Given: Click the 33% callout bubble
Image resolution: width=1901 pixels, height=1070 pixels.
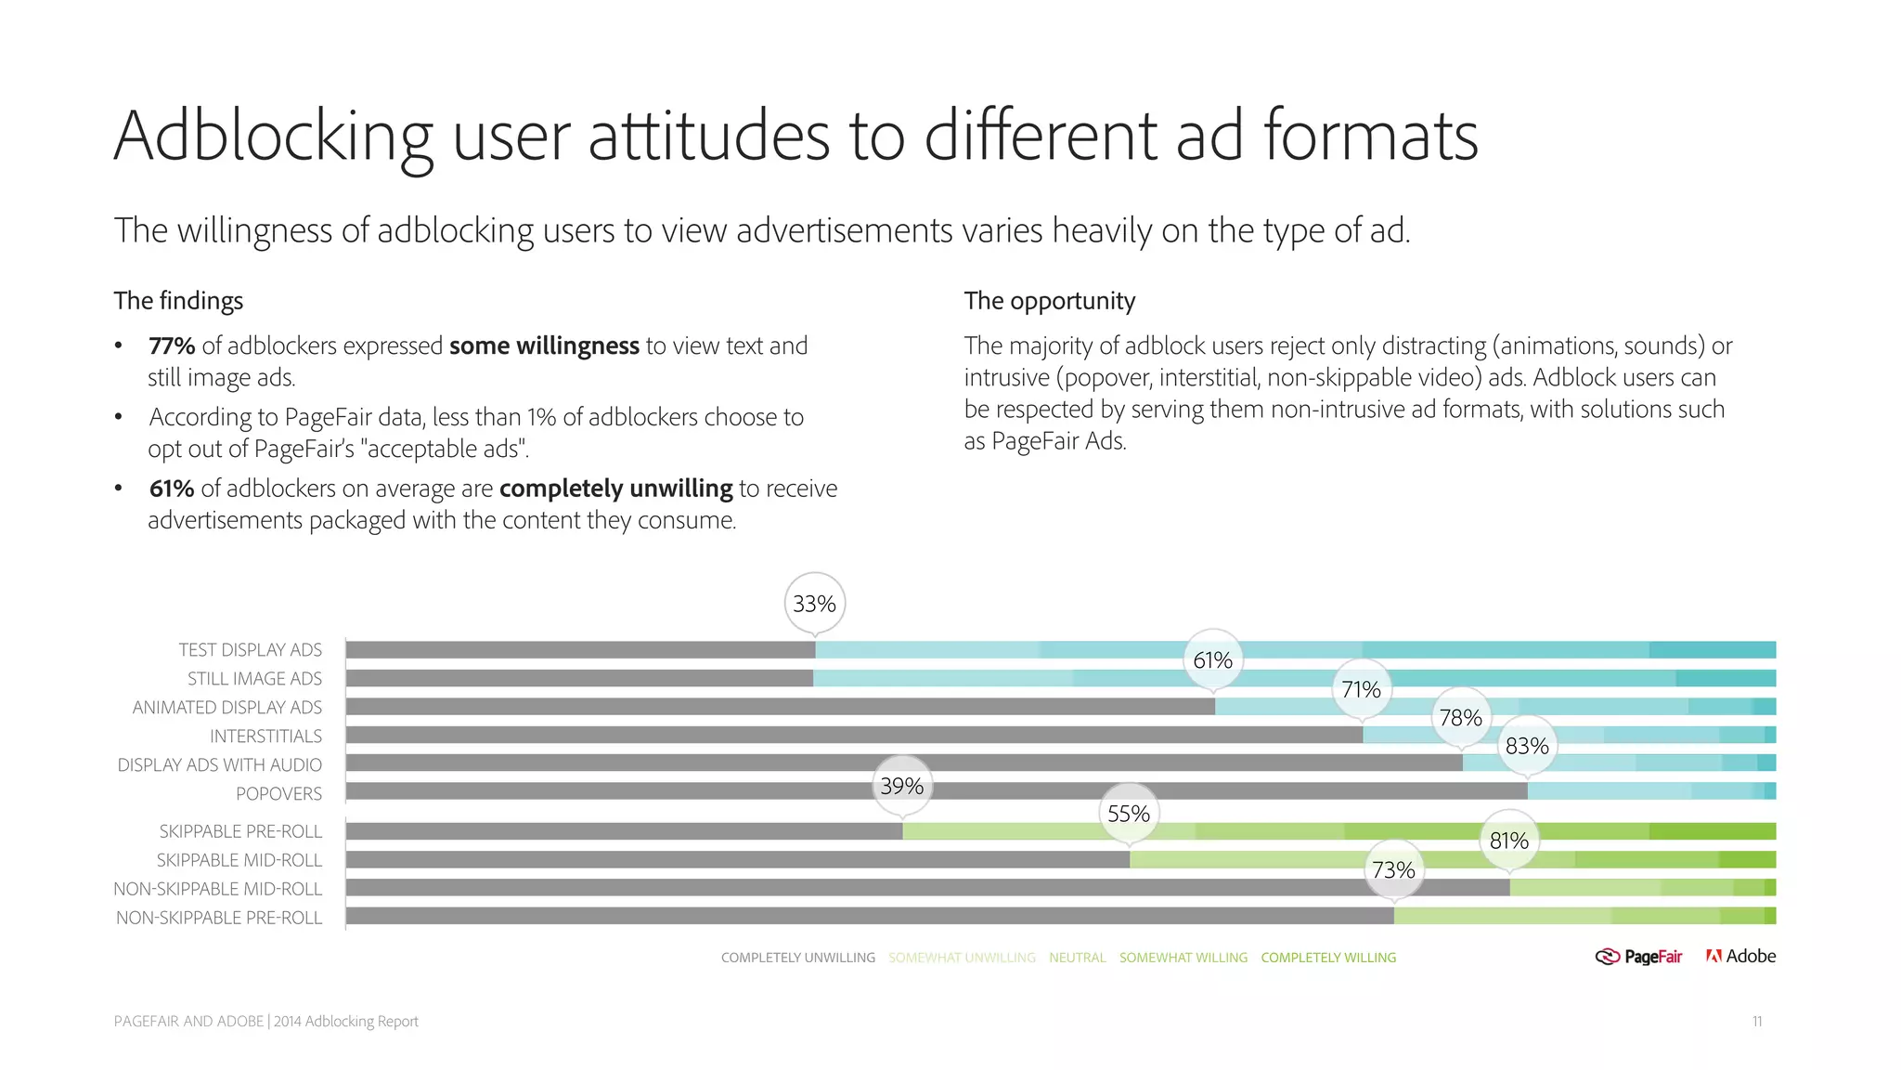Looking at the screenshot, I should (814, 604).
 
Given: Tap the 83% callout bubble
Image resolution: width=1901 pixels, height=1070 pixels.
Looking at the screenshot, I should (1527, 746).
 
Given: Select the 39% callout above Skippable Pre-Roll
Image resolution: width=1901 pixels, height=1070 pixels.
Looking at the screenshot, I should (901, 787).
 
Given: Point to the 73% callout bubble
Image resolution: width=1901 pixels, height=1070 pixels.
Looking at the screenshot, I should (1393, 870).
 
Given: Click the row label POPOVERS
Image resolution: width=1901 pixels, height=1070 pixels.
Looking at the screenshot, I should (278, 793).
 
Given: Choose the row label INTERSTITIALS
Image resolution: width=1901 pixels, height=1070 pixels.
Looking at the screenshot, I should (265, 736).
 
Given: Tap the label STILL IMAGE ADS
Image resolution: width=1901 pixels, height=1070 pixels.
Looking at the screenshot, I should (254, 679).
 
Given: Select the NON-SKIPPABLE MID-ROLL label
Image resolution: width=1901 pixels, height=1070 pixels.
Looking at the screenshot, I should (218, 889).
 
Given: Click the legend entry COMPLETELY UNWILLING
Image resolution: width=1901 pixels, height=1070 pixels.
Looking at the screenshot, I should (797, 958).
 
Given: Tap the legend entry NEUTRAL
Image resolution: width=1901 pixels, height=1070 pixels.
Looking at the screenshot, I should (1077, 958).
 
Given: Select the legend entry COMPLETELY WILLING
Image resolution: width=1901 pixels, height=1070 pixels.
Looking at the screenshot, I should (1327, 958).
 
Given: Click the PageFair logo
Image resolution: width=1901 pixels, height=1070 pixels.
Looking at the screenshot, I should (1638, 957).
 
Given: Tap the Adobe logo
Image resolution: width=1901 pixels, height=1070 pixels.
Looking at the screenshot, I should (1740, 956).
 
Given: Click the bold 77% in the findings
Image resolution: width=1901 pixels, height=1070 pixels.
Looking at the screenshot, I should (172, 346).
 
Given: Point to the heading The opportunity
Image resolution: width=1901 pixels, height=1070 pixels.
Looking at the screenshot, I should (1049, 301).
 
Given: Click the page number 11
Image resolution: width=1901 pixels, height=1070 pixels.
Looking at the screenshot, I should (1756, 1022).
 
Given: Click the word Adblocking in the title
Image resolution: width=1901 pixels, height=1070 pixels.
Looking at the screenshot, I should (273, 137).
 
